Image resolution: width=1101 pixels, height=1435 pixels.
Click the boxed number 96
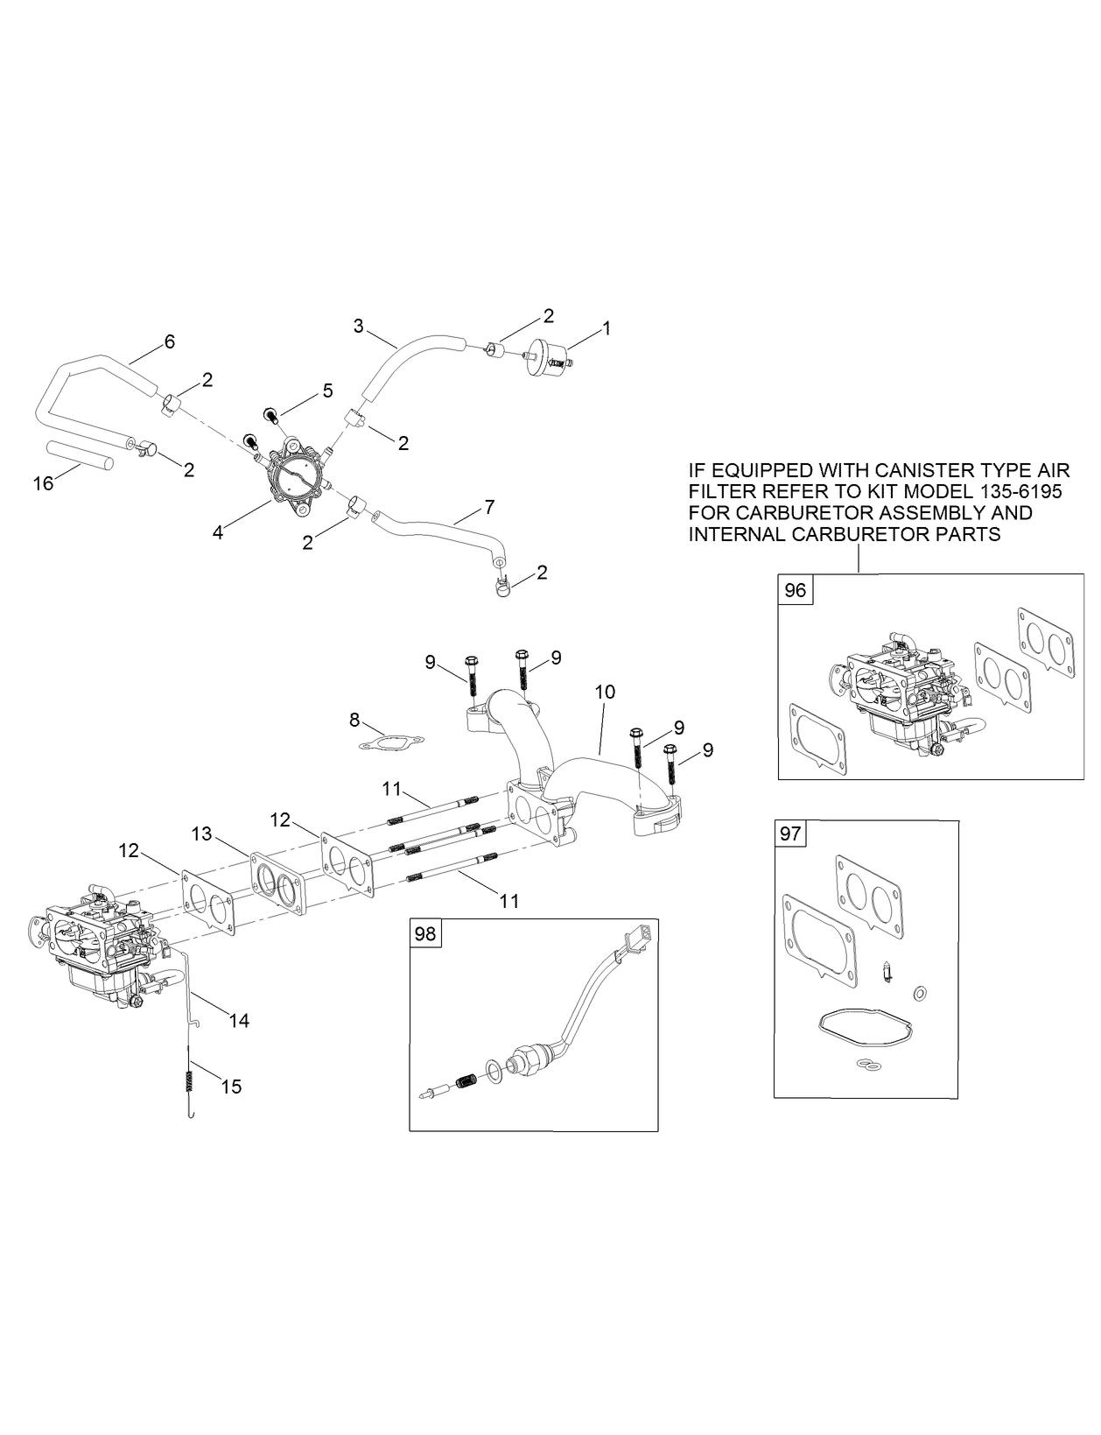pos(795,590)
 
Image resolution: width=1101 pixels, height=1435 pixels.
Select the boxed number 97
pos(790,834)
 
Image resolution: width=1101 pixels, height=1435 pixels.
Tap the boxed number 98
pos(425,934)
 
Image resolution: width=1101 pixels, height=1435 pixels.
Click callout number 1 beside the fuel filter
pos(606,328)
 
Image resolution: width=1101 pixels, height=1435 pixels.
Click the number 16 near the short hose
pos(44,482)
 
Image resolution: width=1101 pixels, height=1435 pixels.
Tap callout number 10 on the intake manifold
pos(605,692)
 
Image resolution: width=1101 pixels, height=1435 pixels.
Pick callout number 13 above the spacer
pos(202,834)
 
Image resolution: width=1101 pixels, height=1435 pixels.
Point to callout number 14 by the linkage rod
pos(239,1020)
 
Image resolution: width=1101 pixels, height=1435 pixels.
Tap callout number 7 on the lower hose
pos(488,506)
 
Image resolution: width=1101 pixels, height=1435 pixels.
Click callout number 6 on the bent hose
pos(169,341)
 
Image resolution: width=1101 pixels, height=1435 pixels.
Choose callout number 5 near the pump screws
pos(327,390)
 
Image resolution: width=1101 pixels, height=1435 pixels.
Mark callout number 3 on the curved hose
pos(359,327)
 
